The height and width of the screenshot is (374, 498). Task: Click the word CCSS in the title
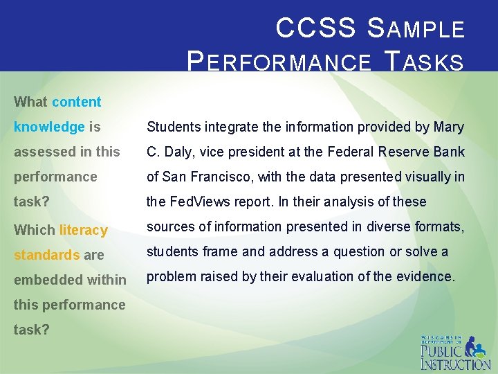pyautogui.click(x=315, y=28)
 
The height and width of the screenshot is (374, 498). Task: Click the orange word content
pyautogui.click(x=76, y=102)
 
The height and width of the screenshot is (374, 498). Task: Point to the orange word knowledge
pyautogui.click(x=49, y=127)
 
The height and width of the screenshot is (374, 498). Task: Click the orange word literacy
pyautogui.click(x=83, y=230)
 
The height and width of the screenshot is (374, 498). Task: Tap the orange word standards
pyautogui.click(x=46, y=255)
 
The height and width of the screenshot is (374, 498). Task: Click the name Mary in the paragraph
pyautogui.click(x=449, y=127)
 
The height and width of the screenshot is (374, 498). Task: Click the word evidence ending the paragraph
pyautogui.click(x=430, y=276)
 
